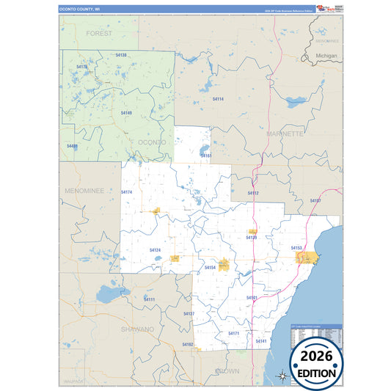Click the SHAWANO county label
[x=138, y=329]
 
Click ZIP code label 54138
[x=122, y=55]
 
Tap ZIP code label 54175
[x=82, y=67]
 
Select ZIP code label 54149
[x=126, y=113]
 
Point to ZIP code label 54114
[x=218, y=98]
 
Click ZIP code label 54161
[x=206, y=156]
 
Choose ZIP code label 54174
[x=126, y=192]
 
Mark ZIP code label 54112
[x=253, y=193]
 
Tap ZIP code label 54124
[x=155, y=250]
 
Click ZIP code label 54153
[x=296, y=249]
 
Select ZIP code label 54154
[x=210, y=268]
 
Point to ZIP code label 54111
[x=149, y=299]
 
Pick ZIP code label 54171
[x=233, y=334]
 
